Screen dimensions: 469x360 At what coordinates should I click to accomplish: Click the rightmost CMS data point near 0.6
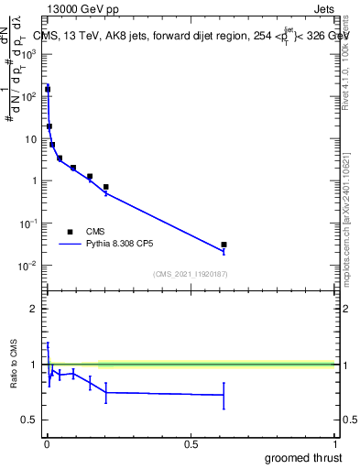click(224, 245)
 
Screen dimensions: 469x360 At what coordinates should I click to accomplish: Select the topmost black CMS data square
click(48, 90)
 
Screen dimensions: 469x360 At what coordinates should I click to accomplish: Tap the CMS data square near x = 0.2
click(106, 187)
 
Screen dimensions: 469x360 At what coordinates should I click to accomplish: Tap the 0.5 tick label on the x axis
click(191, 444)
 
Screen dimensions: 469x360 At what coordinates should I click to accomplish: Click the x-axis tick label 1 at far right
click(334, 444)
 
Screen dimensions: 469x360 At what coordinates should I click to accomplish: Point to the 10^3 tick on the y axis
click(31, 54)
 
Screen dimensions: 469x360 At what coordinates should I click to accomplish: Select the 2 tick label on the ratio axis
click(37, 309)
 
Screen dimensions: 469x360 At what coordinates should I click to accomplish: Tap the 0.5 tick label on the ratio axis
click(33, 420)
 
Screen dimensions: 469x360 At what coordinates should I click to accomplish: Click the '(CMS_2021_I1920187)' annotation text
click(191, 274)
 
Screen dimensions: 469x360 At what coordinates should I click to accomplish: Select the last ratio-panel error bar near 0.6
click(224, 396)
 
